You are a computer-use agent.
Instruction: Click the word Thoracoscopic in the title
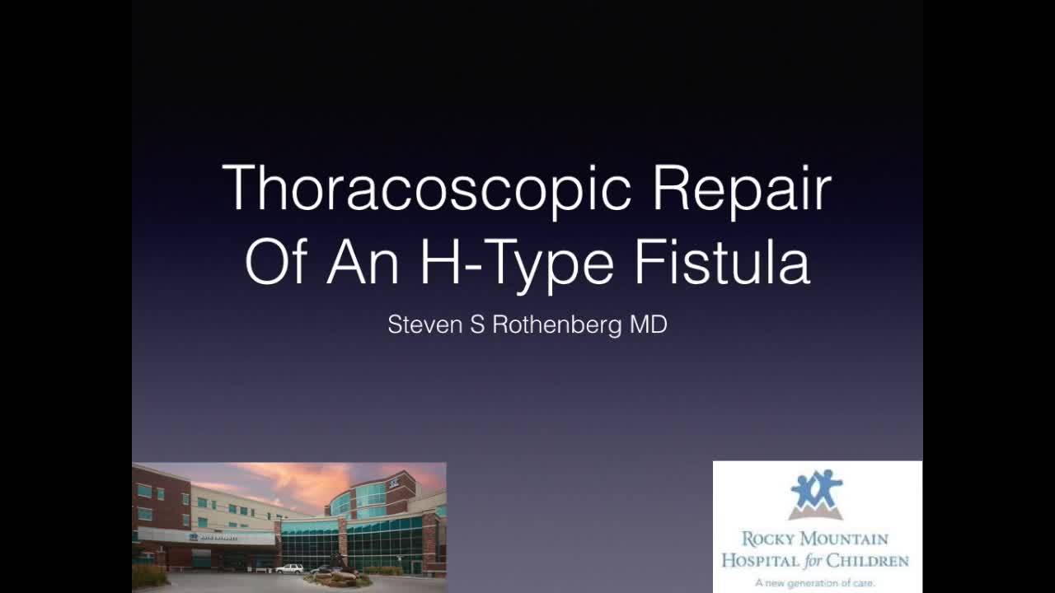tap(427, 189)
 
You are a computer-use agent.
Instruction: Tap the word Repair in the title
tap(741, 189)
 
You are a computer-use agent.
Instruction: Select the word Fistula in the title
tap(722, 262)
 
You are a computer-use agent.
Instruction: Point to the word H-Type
tap(518, 262)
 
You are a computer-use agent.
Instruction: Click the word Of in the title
tap(277, 262)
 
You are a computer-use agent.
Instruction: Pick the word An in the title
tap(363, 262)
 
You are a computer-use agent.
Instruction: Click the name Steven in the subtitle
tap(425, 325)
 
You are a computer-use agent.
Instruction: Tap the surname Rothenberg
tap(557, 325)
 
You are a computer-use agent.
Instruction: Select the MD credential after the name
tap(648, 325)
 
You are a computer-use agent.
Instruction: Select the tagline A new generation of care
tap(815, 582)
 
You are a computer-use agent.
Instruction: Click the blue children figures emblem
tap(816, 493)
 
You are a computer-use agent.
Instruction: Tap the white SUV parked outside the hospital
tap(289, 568)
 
